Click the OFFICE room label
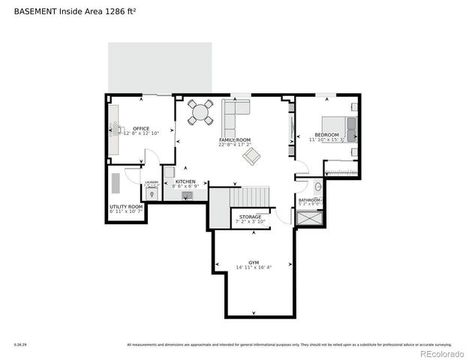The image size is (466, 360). click(x=141, y=128)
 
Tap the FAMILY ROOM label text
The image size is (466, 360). click(x=234, y=140)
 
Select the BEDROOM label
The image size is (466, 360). click(x=327, y=134)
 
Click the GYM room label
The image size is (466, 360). click(x=254, y=262)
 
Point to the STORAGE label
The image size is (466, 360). click(x=250, y=217)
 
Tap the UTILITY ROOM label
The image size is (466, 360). click(x=126, y=206)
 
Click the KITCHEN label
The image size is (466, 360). click(x=185, y=181)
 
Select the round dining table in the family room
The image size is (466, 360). click(x=200, y=113)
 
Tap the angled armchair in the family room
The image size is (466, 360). click(x=251, y=156)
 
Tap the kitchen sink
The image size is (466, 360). click(x=186, y=196)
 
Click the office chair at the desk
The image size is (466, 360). click(x=124, y=130)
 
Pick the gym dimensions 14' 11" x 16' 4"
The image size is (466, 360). click(x=254, y=268)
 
